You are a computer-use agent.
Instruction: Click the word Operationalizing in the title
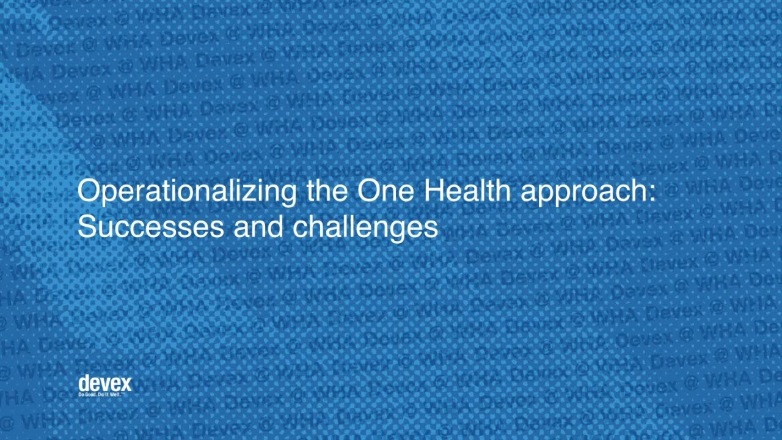(186, 191)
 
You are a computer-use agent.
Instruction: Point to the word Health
(467, 191)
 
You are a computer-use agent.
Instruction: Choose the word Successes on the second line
(150, 227)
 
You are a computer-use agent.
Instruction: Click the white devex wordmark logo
(104, 383)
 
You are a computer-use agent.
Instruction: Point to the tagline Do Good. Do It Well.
(104, 395)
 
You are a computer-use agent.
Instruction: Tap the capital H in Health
(433, 191)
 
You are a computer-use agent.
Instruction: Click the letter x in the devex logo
(125, 384)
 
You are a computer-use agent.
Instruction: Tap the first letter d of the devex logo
(84, 383)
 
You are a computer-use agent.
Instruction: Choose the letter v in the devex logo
(104, 384)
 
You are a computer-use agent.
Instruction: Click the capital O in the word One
(368, 191)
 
